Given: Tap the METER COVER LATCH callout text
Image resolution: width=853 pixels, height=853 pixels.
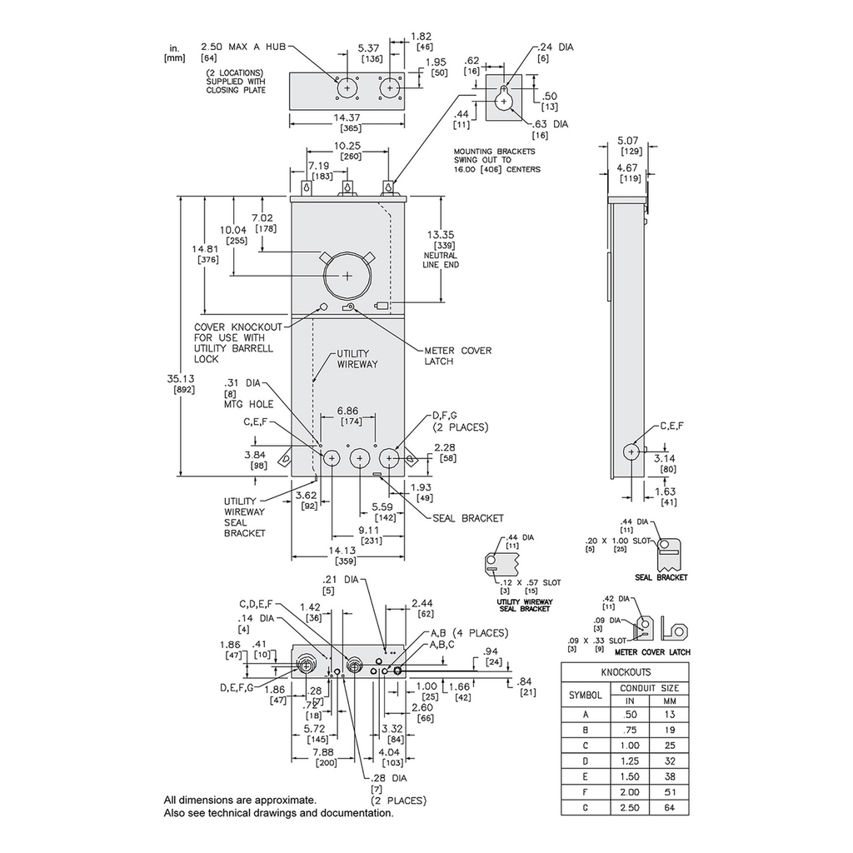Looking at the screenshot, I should [457, 356].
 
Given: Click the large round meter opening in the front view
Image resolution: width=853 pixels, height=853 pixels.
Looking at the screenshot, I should [347, 274].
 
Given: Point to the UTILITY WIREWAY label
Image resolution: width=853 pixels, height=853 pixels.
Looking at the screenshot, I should [358, 359].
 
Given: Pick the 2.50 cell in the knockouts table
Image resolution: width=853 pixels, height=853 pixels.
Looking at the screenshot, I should [631, 806].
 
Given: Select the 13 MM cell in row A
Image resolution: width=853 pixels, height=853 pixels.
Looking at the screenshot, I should [671, 715].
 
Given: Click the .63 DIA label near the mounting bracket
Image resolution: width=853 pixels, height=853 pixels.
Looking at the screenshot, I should [549, 124].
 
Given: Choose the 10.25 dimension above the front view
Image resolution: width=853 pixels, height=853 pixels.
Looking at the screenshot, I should [347, 146].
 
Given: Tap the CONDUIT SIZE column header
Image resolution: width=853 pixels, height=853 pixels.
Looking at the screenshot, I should [650, 688].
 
